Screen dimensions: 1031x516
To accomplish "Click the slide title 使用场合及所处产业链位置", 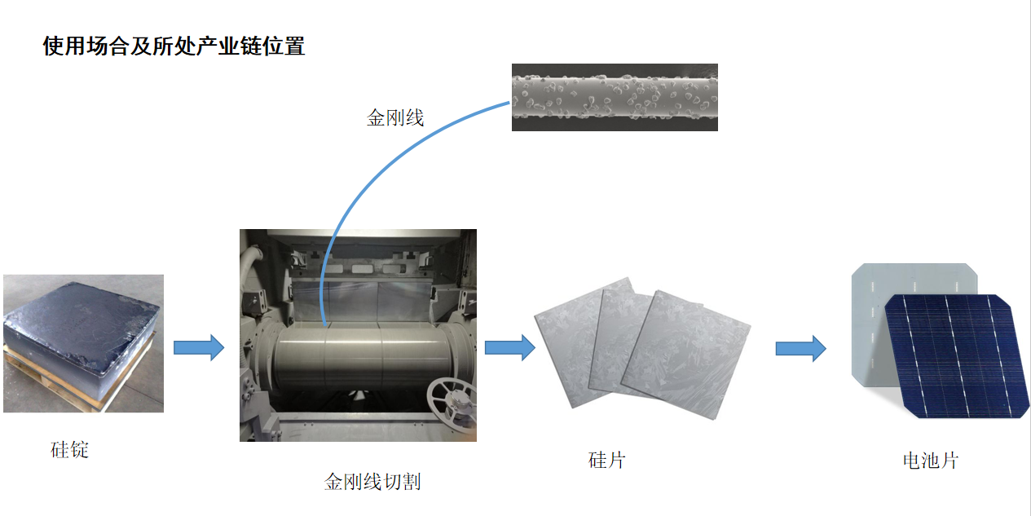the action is coord(174,46).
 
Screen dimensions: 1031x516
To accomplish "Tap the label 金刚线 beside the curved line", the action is coord(395,118).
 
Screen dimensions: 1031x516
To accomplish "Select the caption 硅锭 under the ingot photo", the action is coord(69,450).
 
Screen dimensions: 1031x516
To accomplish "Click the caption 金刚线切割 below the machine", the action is coord(372,482).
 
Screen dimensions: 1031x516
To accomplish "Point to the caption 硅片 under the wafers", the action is coord(606,461).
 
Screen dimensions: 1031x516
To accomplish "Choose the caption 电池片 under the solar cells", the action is coord(931,461).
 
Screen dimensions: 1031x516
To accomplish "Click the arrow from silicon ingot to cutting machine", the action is coord(199,347).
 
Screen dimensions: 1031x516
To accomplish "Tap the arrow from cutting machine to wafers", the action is coord(510,347).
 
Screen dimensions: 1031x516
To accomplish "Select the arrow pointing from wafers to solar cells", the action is coord(801,348).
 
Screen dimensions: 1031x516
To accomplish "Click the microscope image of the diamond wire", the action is coord(615,97).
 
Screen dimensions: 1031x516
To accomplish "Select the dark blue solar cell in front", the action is coord(956,356).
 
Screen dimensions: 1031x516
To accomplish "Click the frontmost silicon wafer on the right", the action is coord(685,355).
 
